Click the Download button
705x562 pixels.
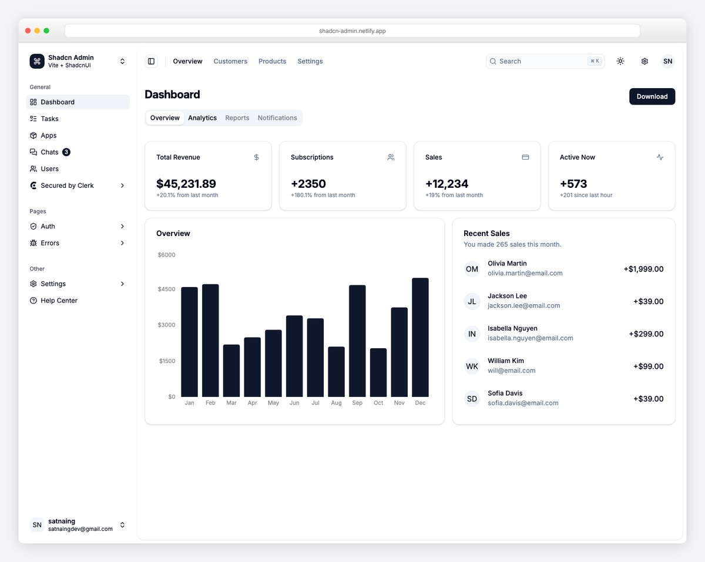tap(652, 96)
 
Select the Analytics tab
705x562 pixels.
tap(202, 118)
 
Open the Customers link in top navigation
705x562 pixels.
tap(230, 61)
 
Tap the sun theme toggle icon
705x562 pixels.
tap(620, 61)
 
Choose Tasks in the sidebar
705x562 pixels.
tap(49, 119)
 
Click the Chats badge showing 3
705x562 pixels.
tap(66, 152)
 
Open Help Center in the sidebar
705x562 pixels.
tap(59, 301)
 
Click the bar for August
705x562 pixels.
tap(336, 372)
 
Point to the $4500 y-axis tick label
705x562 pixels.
tap(166, 289)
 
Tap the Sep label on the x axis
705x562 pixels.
tap(357, 403)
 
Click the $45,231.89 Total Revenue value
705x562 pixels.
tap(186, 184)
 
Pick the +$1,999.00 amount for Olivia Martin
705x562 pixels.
tap(643, 269)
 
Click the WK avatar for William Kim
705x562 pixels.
tap(472, 366)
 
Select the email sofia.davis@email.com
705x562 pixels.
tap(523, 403)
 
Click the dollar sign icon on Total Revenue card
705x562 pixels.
tap(256, 157)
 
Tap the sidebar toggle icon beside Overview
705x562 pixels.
tap(151, 61)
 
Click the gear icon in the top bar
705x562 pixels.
tap(644, 61)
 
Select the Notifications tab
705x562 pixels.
tap(277, 118)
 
